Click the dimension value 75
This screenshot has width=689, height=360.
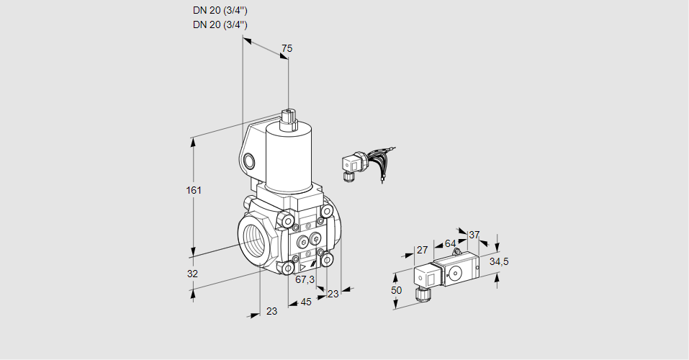tap(287, 48)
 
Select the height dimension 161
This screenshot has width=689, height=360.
tap(193, 190)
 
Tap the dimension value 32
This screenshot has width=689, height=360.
tap(192, 274)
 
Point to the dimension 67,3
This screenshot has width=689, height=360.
tap(305, 279)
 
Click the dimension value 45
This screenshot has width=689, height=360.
tap(306, 302)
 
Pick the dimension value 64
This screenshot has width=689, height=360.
tap(450, 243)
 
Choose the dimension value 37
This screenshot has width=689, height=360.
tap(474, 235)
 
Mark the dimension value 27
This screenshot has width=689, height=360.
tap(423, 251)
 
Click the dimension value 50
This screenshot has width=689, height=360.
tap(395, 290)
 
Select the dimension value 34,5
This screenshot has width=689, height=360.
tap(499, 261)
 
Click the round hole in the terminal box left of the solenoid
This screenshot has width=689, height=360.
tap(249, 160)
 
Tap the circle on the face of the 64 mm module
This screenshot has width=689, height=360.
tap(456, 272)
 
